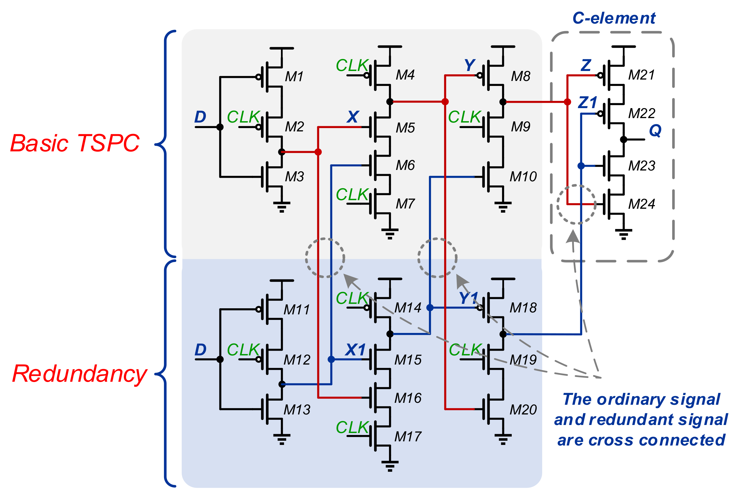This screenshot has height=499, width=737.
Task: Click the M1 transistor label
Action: pyautogui.click(x=294, y=77)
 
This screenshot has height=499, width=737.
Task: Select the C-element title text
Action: pyautogui.click(x=614, y=18)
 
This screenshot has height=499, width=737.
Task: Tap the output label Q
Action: pyautogui.click(x=655, y=130)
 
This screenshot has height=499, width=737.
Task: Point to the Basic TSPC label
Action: pyautogui.click(x=75, y=143)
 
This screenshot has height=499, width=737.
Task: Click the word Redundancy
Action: pyautogui.click(x=79, y=374)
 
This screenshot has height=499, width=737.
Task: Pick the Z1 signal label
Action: pyautogui.click(x=587, y=103)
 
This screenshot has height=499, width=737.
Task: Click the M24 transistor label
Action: pyautogui.click(x=641, y=204)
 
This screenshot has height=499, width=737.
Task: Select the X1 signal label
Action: pyautogui.click(x=355, y=350)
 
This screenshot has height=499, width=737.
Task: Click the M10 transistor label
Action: pyautogui.click(x=523, y=176)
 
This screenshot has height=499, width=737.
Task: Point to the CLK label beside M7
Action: pyautogui.click(x=352, y=194)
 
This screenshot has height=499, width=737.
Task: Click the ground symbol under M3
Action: pyautogui.click(x=282, y=207)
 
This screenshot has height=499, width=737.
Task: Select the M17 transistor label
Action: pyautogui.click(x=408, y=437)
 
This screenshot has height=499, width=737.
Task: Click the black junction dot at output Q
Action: pyautogui.click(x=623, y=139)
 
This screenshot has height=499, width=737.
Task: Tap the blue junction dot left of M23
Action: pyautogui.click(x=581, y=166)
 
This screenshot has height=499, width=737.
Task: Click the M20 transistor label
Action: pyautogui.click(x=523, y=410)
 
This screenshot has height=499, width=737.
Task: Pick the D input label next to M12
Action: pyautogui.click(x=200, y=350)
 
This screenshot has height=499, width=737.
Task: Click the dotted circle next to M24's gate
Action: pyautogui.click(x=576, y=204)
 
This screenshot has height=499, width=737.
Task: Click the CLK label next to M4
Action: pyautogui.click(x=352, y=66)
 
